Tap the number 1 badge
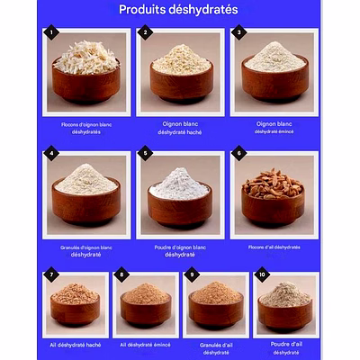pos(53,32)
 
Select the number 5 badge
pos(145,154)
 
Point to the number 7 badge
pos(52,274)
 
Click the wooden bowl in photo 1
pos(85,85)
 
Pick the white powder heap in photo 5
pos(179,184)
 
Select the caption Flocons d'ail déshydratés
pos(274,247)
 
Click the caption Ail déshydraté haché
pos(75,345)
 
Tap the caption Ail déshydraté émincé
pos(145,345)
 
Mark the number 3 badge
pos(238,32)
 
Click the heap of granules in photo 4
pos(85,179)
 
